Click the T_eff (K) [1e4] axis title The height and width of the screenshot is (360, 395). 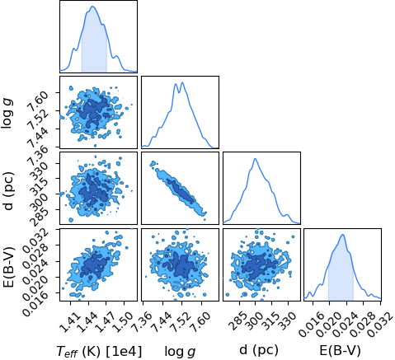99,350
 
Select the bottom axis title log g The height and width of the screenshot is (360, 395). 180,351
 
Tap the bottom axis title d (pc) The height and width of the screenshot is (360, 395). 259,350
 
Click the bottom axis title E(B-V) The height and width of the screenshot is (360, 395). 340,350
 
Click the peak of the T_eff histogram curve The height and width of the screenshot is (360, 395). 92,6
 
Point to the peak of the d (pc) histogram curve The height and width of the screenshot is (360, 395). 256,158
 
